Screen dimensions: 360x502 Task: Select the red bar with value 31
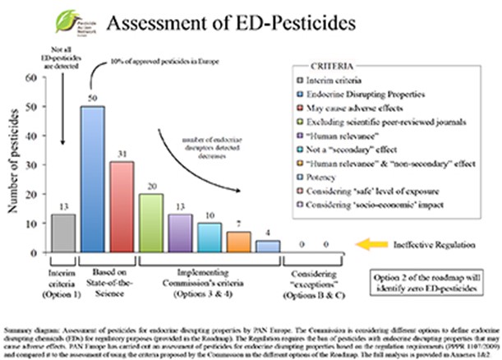121,205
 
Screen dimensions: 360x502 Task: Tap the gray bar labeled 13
62,231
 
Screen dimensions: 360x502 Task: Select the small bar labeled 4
267,245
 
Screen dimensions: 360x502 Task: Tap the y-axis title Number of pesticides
14,164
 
